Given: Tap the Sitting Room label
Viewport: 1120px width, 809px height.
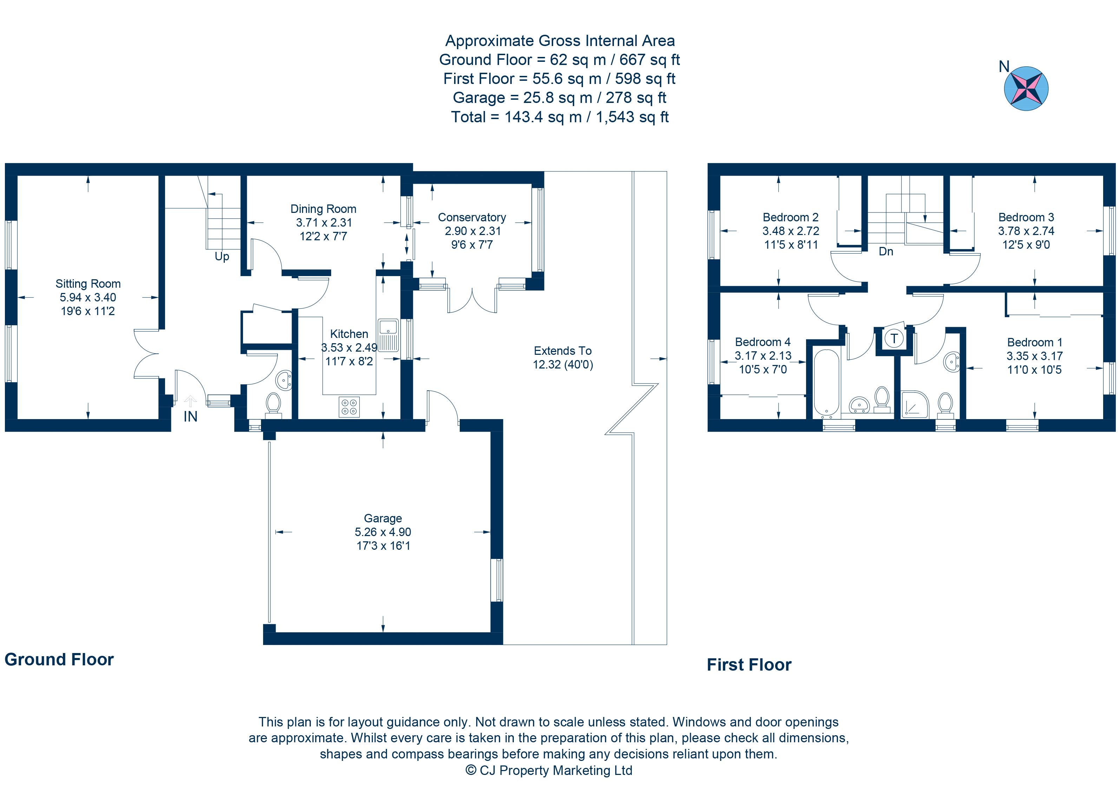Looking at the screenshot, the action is coord(88,284).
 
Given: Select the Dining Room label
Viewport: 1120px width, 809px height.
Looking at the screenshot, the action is coord(323,209).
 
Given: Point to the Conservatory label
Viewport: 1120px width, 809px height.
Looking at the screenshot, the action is coord(472,217).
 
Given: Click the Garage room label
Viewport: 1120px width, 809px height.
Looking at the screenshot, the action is coord(383,518).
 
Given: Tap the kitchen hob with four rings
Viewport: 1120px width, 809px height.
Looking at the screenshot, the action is coord(349,406).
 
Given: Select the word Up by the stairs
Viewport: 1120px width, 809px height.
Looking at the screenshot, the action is coord(222,256).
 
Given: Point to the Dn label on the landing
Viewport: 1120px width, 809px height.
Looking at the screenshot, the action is coord(886,252).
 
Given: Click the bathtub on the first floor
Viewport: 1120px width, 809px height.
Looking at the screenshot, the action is coord(826,383).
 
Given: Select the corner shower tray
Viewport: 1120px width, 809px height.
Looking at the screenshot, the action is coord(915,405).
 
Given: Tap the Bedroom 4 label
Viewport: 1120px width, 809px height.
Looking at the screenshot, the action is coord(762,342).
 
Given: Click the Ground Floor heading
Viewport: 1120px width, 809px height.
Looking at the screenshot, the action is coord(59,659).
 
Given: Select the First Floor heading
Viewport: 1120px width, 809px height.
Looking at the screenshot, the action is coord(749,665).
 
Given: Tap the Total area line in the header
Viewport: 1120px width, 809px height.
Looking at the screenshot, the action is coord(559,117).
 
